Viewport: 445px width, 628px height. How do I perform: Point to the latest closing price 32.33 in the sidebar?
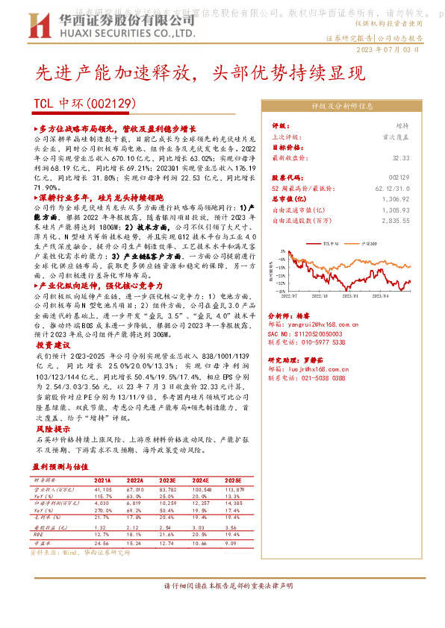401,157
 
